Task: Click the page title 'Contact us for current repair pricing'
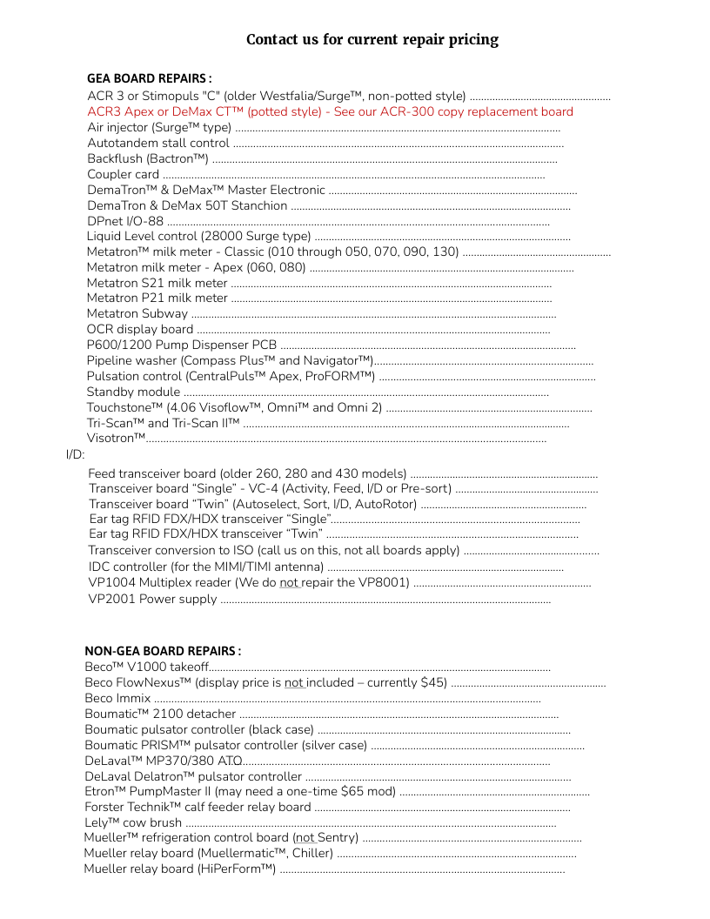pyautogui.click(x=372, y=39)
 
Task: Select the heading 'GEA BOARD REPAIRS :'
pyautogui.click(x=149, y=78)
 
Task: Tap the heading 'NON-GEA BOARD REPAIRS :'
pyautogui.click(x=163, y=651)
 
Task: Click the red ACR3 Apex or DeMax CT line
pyautogui.click(x=330, y=111)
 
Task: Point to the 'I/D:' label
pyautogui.click(x=75, y=454)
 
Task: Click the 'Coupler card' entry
pyautogui.click(x=123, y=174)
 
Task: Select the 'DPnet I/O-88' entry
pyautogui.click(x=125, y=221)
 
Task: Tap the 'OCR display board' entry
pyautogui.click(x=140, y=329)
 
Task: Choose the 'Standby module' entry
pyautogui.click(x=133, y=392)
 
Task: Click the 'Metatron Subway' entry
pyautogui.click(x=137, y=313)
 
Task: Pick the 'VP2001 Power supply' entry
pyautogui.click(x=152, y=599)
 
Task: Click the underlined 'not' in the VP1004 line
pyautogui.click(x=289, y=583)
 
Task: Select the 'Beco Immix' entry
pyautogui.click(x=117, y=698)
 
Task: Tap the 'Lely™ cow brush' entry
pyautogui.click(x=133, y=822)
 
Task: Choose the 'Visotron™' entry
pyautogui.click(x=116, y=439)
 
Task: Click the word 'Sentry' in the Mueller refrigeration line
pyautogui.click(x=337, y=838)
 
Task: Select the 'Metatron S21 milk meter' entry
pyautogui.click(x=157, y=283)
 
